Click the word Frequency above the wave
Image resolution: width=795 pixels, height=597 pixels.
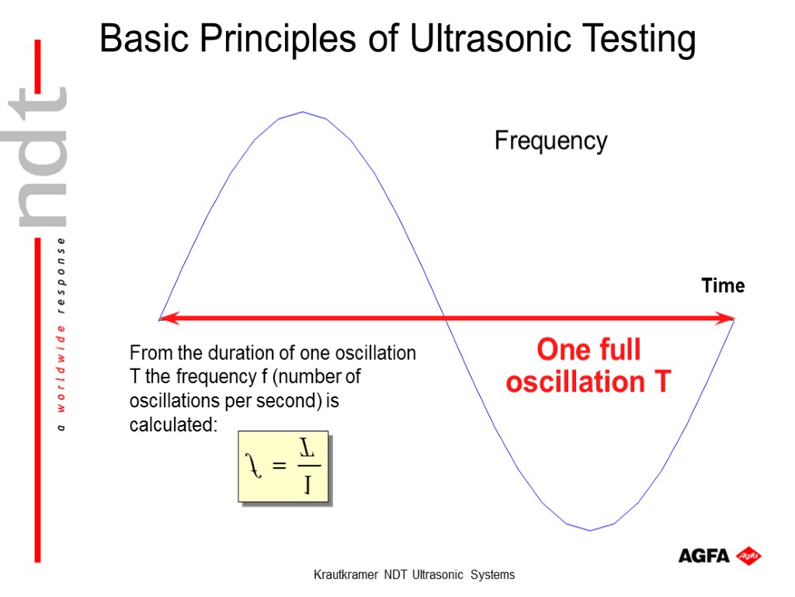[x=550, y=141]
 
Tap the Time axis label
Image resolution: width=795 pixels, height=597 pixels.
[x=723, y=286]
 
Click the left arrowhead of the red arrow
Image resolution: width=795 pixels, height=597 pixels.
[x=168, y=318]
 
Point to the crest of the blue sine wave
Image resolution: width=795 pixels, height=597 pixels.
[x=302, y=113]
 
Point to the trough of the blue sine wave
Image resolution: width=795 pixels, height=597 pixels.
[x=590, y=529]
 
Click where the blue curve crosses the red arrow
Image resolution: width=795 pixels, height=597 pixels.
[x=444, y=318]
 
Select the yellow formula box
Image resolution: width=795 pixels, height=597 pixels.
[x=283, y=466]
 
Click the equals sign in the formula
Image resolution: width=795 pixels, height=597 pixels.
[x=280, y=466]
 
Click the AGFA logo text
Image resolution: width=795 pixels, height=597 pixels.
[x=703, y=556]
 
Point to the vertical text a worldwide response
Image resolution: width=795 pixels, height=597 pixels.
[x=62, y=334]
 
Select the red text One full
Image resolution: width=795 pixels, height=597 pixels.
[x=588, y=350]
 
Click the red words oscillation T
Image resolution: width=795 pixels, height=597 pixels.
[x=588, y=382]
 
